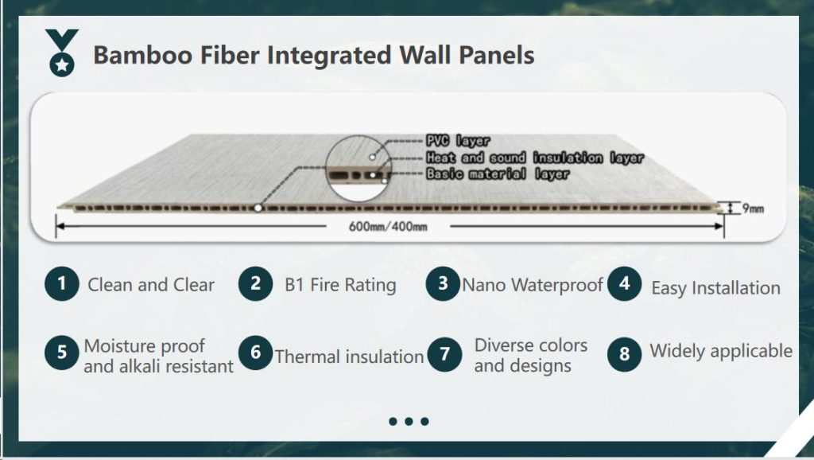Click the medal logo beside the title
coord(61,53)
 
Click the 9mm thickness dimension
coord(752,209)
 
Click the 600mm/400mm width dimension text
coord(388,228)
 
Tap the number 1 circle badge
coord(61,283)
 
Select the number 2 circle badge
coord(255,283)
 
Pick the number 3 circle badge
coord(443,283)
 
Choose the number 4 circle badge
coord(625,283)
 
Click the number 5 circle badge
coord(61,352)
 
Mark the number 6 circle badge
coord(255,352)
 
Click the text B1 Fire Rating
coord(340,285)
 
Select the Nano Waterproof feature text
coord(533,284)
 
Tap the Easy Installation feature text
coord(715,288)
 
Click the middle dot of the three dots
coord(409,421)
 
